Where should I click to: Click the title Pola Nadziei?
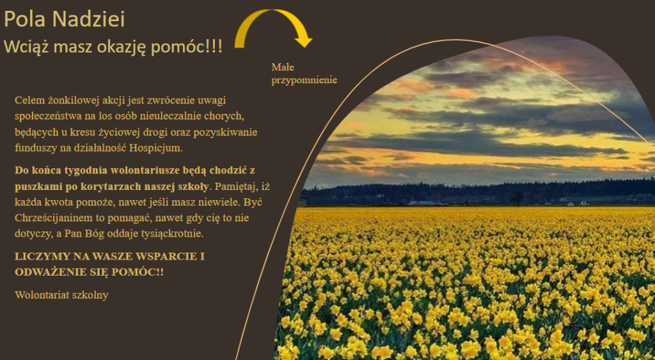(x=65, y=19)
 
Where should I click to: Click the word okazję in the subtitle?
(x=122, y=47)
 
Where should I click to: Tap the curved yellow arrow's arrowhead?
(x=303, y=41)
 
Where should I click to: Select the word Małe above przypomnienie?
(x=282, y=67)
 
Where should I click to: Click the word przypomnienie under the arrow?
(x=304, y=80)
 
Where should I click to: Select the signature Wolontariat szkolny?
(x=61, y=295)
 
